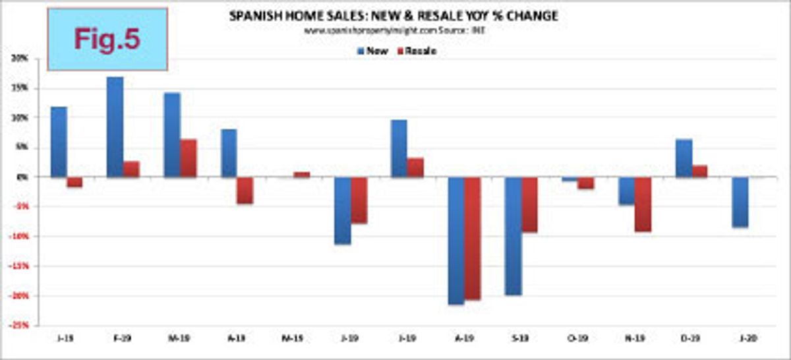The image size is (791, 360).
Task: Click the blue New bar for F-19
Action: [115, 127]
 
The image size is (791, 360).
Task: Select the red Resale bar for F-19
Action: [131, 169]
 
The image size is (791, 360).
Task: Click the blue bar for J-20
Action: [740, 202]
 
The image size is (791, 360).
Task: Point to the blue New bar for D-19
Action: [684, 158]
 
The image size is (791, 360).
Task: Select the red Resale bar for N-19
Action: [643, 204]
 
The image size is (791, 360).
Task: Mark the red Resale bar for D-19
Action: [699, 171]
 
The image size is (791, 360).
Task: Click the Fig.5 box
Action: [107, 38]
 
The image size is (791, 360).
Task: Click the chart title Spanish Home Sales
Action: [394, 16]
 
